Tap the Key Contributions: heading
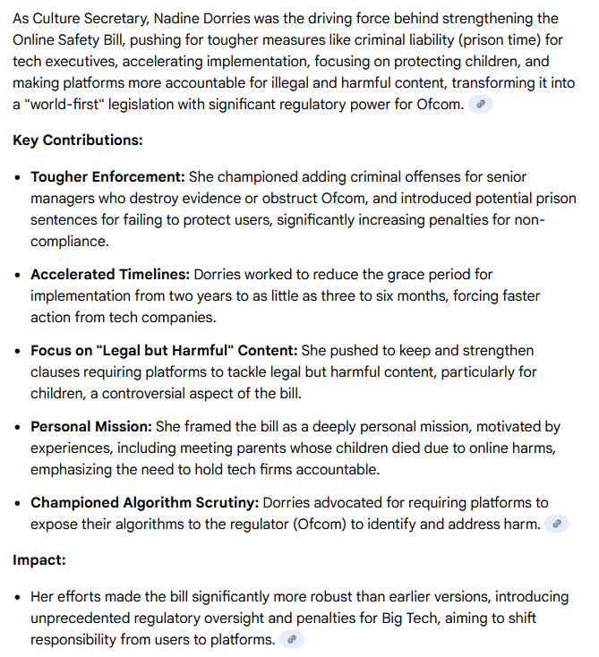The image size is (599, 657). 78,141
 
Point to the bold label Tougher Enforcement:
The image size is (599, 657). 107,177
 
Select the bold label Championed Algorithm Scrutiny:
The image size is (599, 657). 143,503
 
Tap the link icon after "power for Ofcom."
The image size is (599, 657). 481,105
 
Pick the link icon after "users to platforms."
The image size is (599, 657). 292,640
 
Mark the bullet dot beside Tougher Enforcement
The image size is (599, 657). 19,177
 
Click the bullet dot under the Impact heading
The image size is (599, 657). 19,596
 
